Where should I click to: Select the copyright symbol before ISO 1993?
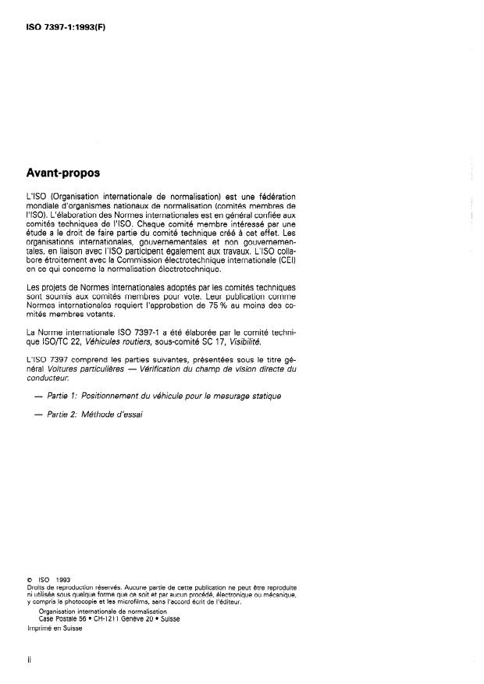tap(28, 579)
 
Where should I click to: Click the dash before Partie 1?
tap(38, 396)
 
